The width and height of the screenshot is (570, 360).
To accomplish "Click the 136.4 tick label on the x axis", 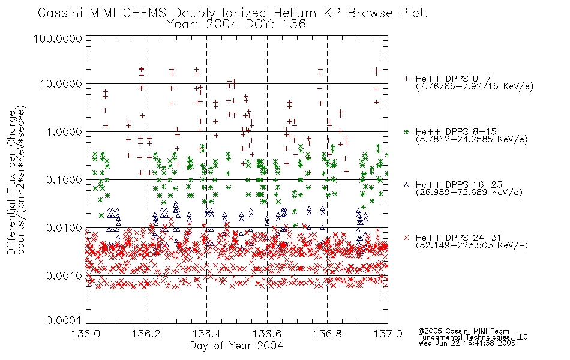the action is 206,334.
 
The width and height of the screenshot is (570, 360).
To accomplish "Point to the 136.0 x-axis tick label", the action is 86,334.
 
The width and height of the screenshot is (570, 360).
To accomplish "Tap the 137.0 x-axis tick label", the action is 388,334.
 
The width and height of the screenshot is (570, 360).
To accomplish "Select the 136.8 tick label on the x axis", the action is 327,334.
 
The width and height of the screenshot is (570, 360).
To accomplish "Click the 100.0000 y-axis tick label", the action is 58,38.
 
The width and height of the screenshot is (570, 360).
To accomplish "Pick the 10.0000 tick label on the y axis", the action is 61,84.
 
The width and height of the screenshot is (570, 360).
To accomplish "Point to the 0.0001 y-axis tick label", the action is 64,320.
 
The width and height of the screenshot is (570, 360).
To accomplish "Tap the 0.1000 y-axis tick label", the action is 64,180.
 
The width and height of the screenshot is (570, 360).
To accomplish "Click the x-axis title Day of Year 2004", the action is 236,346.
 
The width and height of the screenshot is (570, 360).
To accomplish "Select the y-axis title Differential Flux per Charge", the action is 12,182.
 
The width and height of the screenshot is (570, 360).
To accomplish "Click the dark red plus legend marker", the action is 406,79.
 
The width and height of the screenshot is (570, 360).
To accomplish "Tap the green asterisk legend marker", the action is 406,132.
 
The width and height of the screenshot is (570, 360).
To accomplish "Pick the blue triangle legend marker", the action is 406,185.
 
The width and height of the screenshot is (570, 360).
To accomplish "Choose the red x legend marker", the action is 406,238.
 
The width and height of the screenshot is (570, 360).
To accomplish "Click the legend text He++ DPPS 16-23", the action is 459,185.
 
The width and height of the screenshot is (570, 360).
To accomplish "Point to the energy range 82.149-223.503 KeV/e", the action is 472,245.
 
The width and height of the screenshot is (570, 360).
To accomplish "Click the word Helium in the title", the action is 295,13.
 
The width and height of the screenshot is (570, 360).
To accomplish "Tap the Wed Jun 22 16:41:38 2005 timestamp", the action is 467,343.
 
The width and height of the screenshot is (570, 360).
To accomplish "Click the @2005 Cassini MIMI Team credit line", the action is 464,331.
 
